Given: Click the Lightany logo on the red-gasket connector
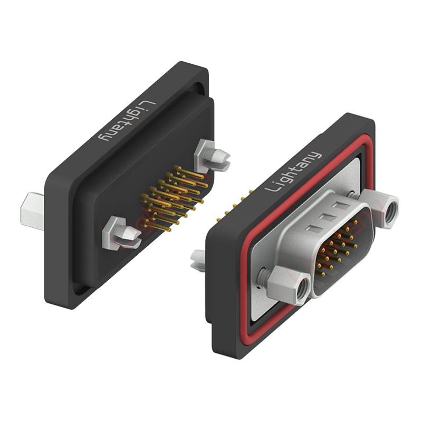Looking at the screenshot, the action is pyautogui.click(x=293, y=172).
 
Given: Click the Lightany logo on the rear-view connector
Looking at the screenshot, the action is pyautogui.click(x=127, y=121).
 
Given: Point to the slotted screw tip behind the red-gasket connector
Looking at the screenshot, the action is pyautogui.click(x=198, y=260).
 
